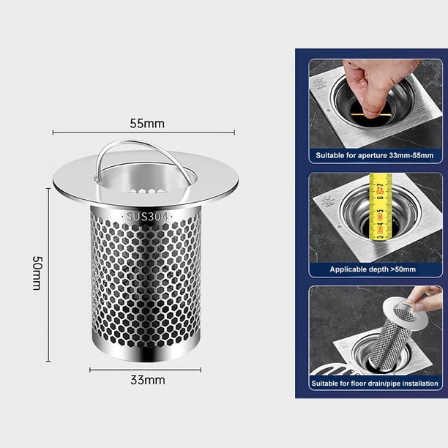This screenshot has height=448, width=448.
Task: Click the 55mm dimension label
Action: [147, 124]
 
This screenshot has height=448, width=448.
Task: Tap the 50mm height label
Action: [37, 273]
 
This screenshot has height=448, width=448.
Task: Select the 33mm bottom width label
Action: [148, 380]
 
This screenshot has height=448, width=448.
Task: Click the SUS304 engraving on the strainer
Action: [147, 217]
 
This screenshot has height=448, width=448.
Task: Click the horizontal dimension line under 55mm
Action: [143, 132]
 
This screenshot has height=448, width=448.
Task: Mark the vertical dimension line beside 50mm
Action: [48, 275]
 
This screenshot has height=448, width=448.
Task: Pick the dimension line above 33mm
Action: [145, 370]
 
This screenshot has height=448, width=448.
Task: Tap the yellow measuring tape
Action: [380, 206]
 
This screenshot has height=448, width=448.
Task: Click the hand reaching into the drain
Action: [376, 86]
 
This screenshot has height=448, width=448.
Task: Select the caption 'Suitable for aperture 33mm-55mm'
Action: [375, 155]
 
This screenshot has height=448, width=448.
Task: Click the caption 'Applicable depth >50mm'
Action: [373, 269]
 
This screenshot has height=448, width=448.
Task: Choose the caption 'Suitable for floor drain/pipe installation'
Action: [375, 383]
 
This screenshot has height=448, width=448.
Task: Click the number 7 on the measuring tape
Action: [380, 187]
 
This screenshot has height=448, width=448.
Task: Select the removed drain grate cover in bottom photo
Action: [335, 370]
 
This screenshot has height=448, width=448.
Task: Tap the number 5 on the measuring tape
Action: [380, 212]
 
